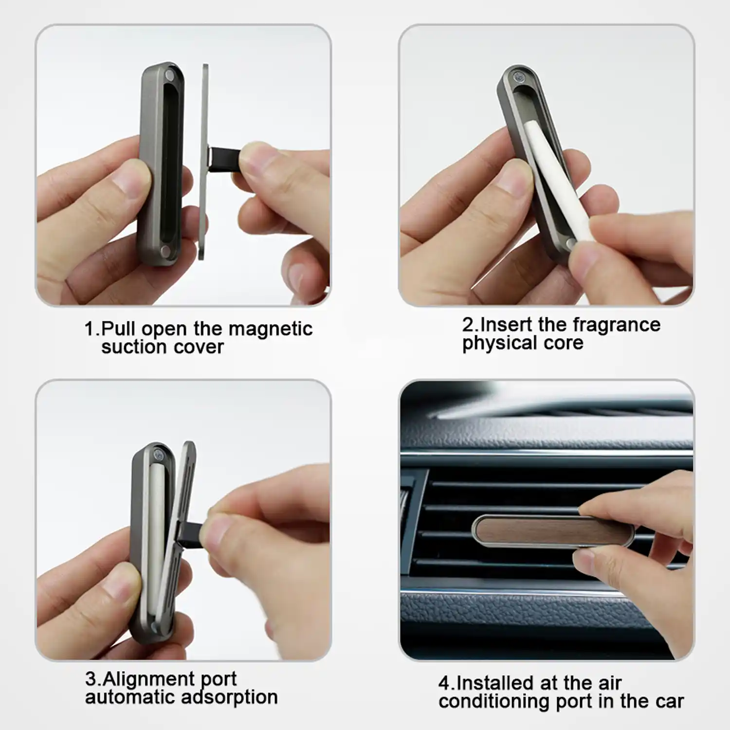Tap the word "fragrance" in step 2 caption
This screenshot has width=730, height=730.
pyautogui.click(x=617, y=325)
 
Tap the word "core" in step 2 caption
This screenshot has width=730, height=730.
pyautogui.click(x=564, y=343)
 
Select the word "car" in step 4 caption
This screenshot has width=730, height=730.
pyautogui.click(x=669, y=701)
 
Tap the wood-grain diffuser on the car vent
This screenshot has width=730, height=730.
pyautogui.click(x=553, y=531)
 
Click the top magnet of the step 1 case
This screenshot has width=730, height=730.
pyautogui.click(x=169, y=76)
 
